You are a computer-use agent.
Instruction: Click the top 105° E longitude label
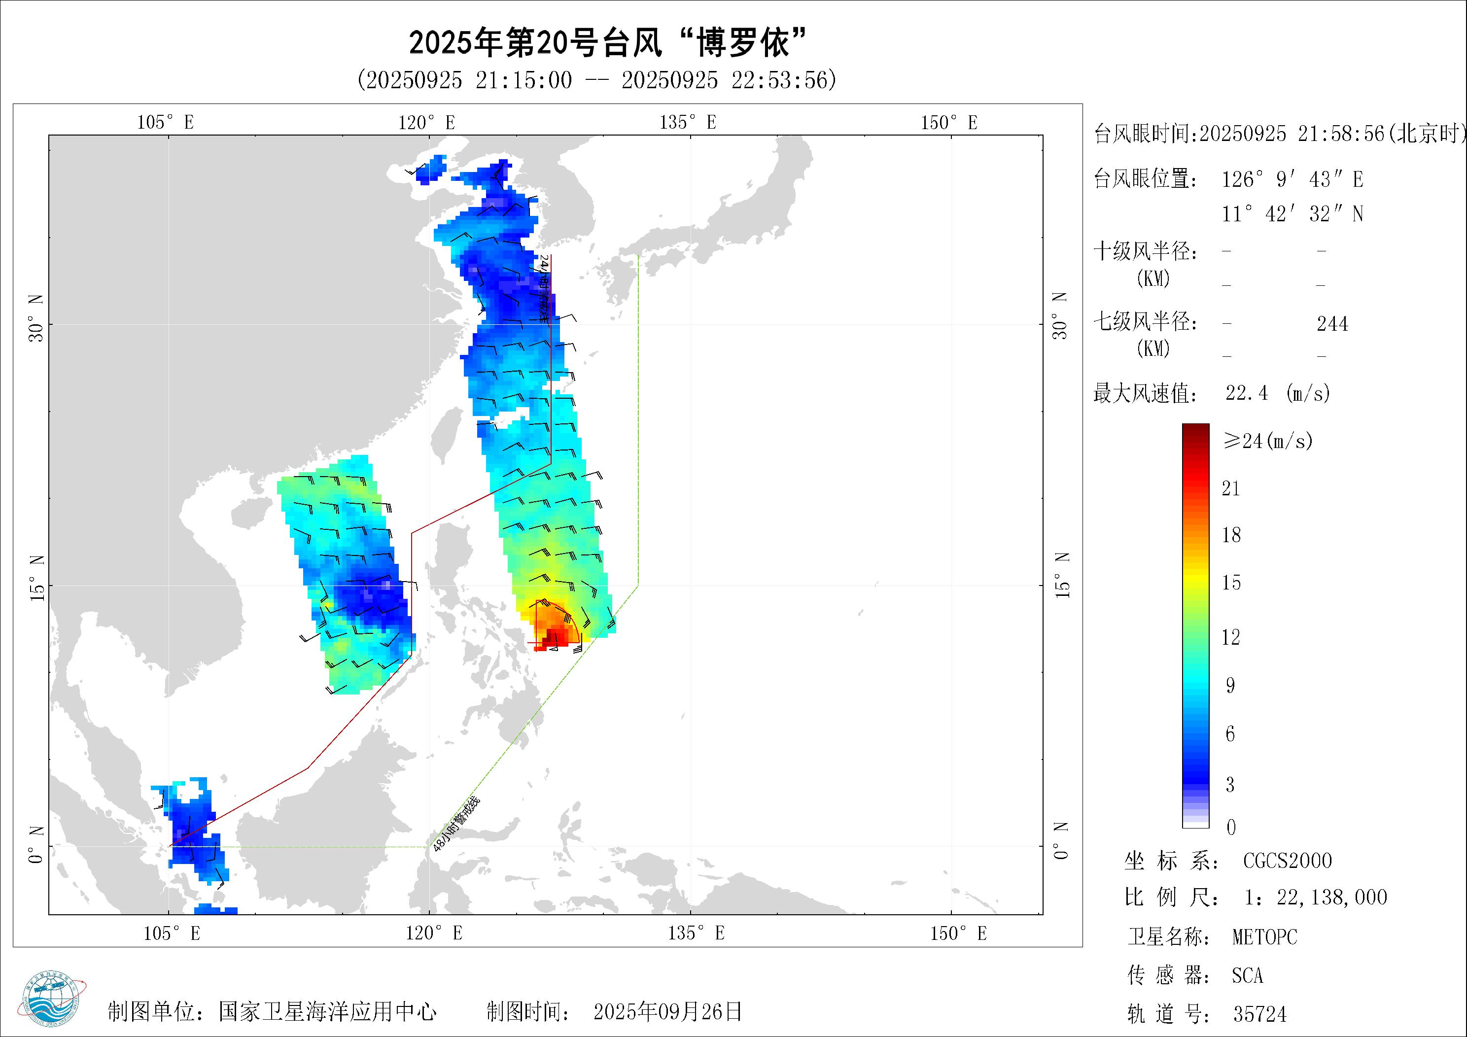(x=166, y=122)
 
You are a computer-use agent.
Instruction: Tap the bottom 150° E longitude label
(x=958, y=933)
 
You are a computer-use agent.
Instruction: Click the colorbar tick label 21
(x=1230, y=489)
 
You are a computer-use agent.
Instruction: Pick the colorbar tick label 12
(x=1230, y=637)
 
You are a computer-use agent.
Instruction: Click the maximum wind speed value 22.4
(x=1247, y=392)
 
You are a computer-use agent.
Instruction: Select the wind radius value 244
(x=1332, y=324)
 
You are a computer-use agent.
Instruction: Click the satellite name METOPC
(x=1264, y=937)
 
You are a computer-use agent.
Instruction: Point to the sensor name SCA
(x=1247, y=976)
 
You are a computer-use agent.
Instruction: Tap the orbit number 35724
(x=1259, y=1014)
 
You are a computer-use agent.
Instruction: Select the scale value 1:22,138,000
(x=1316, y=898)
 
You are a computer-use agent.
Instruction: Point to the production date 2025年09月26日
(x=667, y=1011)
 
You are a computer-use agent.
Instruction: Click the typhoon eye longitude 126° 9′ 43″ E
(x=1292, y=179)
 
